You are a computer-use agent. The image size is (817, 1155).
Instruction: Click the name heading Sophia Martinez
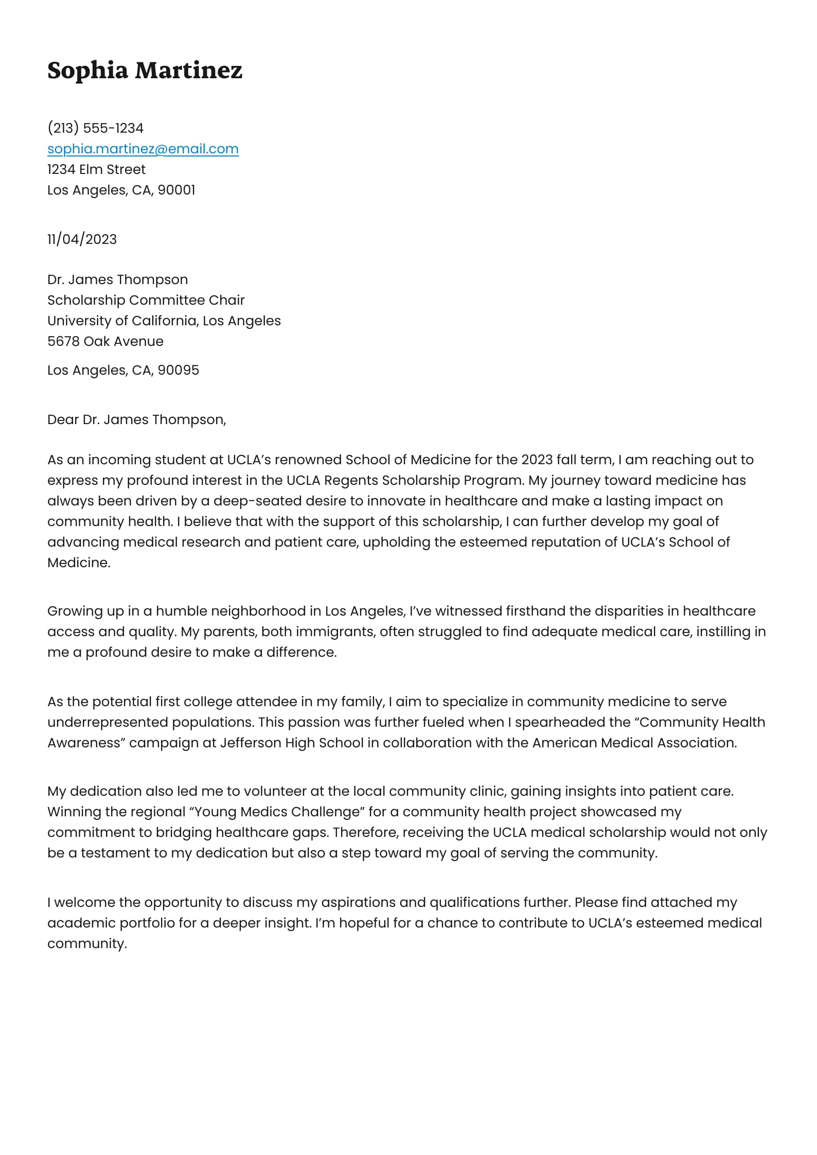tap(145, 70)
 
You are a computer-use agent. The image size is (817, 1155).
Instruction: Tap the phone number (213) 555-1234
tap(95, 128)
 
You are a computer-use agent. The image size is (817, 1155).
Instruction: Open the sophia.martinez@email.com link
tap(143, 149)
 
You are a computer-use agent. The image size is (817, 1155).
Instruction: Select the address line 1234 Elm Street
tap(96, 169)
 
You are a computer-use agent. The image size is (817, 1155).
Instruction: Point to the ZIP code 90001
tap(176, 190)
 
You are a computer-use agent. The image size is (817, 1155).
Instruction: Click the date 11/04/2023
tap(82, 239)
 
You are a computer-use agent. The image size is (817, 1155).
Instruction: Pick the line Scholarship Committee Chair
tap(146, 300)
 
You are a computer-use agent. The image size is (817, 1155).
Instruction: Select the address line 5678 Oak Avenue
tap(105, 341)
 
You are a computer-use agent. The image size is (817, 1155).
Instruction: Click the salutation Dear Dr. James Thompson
tap(136, 419)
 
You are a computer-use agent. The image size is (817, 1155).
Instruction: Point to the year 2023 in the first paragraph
tap(537, 460)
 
